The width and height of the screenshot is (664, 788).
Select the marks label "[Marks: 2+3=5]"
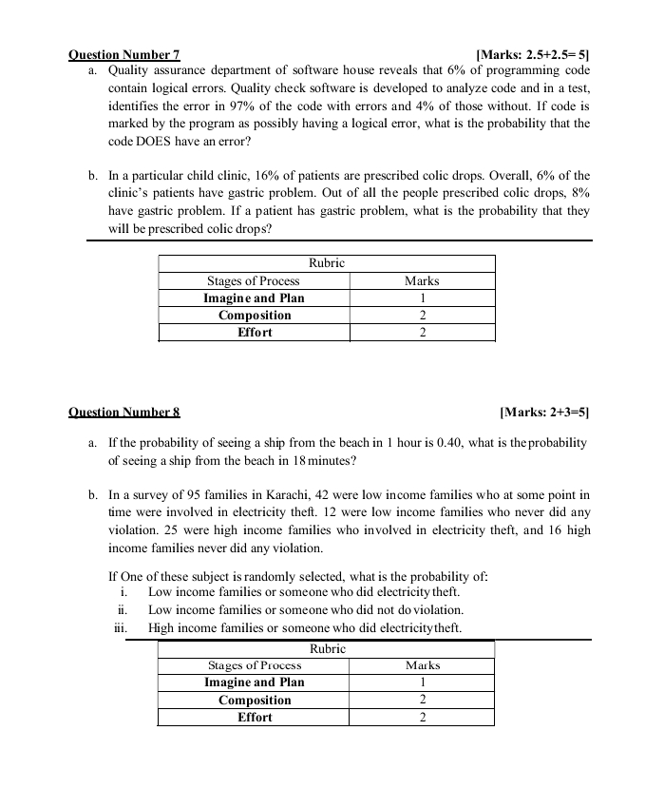544,413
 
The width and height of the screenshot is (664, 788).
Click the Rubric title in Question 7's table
327,262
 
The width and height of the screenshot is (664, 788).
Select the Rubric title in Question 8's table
327,648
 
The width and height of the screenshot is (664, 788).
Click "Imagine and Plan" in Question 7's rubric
254,298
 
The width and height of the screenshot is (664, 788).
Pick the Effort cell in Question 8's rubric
254,718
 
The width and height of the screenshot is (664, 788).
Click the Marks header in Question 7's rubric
422,280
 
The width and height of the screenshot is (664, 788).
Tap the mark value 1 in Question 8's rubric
422,682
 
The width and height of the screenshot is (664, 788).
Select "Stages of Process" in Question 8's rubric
254,665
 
